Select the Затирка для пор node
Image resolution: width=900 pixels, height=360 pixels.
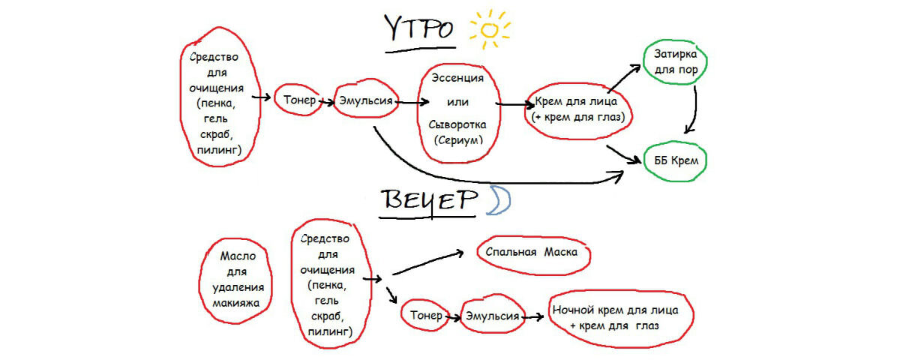click(x=672, y=63)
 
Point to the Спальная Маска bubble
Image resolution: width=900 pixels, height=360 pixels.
click(x=532, y=253)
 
